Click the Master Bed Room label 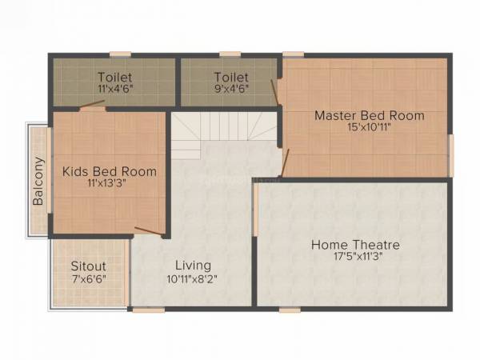[x=369, y=115]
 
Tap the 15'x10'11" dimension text [x=369, y=128]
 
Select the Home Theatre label [x=355, y=245]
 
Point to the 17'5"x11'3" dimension [x=355, y=258]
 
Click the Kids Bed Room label [x=110, y=171]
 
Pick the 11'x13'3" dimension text [x=110, y=184]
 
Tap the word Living [x=194, y=265]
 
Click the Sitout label [x=88, y=265]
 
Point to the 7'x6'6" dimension [x=88, y=278]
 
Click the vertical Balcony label [x=38, y=181]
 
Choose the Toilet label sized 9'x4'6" [x=230, y=77]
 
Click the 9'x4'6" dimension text [x=230, y=90]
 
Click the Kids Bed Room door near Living [x=150, y=232]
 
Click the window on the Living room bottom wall [x=144, y=309]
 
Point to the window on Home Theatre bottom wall [x=291, y=309]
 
